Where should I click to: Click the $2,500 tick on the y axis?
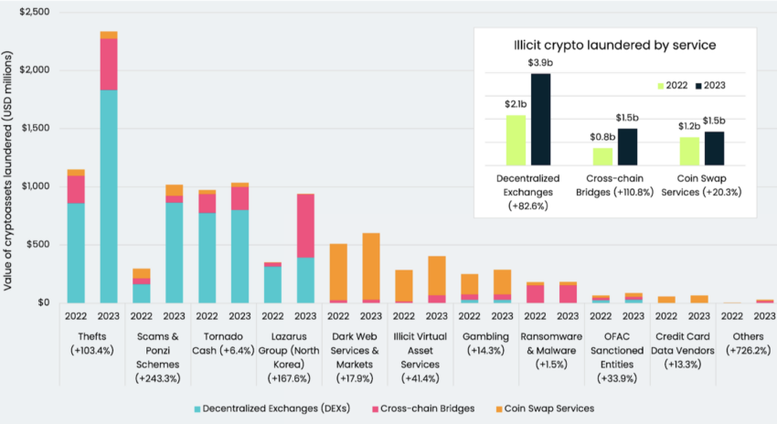pyautogui.click(x=32, y=12)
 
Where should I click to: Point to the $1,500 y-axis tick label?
pyautogui.click(x=32, y=128)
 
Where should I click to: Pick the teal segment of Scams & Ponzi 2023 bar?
pyautogui.click(x=174, y=252)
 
